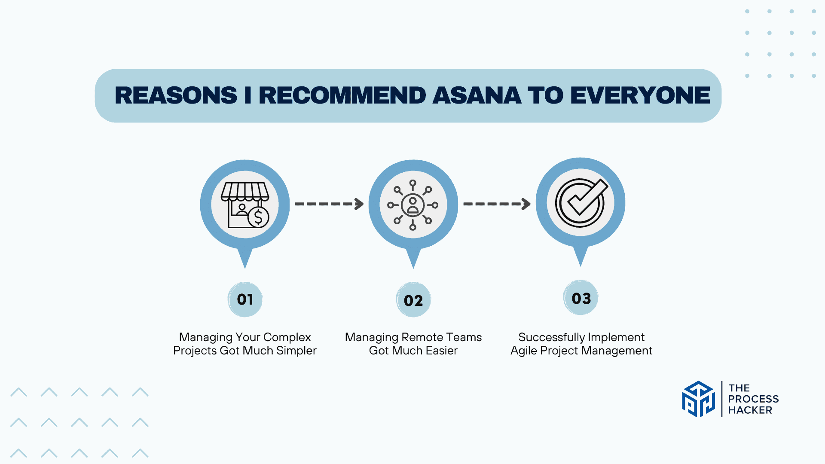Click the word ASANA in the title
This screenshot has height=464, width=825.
[x=477, y=95]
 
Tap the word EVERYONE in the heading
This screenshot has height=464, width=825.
[x=640, y=95]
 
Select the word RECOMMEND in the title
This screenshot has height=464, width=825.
[x=342, y=95]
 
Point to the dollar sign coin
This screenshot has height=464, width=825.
[x=258, y=217]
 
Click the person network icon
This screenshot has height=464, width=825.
[x=413, y=205]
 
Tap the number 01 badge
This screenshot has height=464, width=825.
[x=245, y=299]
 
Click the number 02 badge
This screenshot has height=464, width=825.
[x=413, y=300]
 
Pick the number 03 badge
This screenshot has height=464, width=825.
[x=581, y=298]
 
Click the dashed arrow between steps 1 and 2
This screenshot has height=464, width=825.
[x=329, y=204]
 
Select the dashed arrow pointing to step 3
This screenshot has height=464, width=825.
[x=497, y=204]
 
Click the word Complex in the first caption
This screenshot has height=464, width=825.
[x=287, y=338]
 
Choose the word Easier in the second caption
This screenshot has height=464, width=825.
[x=442, y=351]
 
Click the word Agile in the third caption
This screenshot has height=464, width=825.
[x=524, y=351]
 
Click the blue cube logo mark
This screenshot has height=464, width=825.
[x=699, y=399]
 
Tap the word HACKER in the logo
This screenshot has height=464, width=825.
[x=750, y=410]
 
